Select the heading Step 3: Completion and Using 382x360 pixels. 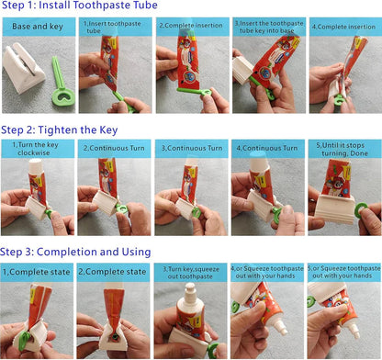coord(76,252)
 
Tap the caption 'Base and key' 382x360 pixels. coord(37,26)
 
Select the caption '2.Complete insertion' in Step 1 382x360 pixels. coord(190,26)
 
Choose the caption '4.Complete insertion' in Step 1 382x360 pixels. coord(343,26)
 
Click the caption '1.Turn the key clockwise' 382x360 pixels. coord(37,149)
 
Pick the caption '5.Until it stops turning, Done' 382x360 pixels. coord(343,149)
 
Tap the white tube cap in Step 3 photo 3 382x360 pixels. coord(188,302)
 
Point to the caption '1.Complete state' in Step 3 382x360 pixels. coord(37,272)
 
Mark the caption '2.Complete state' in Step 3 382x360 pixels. coord(113,272)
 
